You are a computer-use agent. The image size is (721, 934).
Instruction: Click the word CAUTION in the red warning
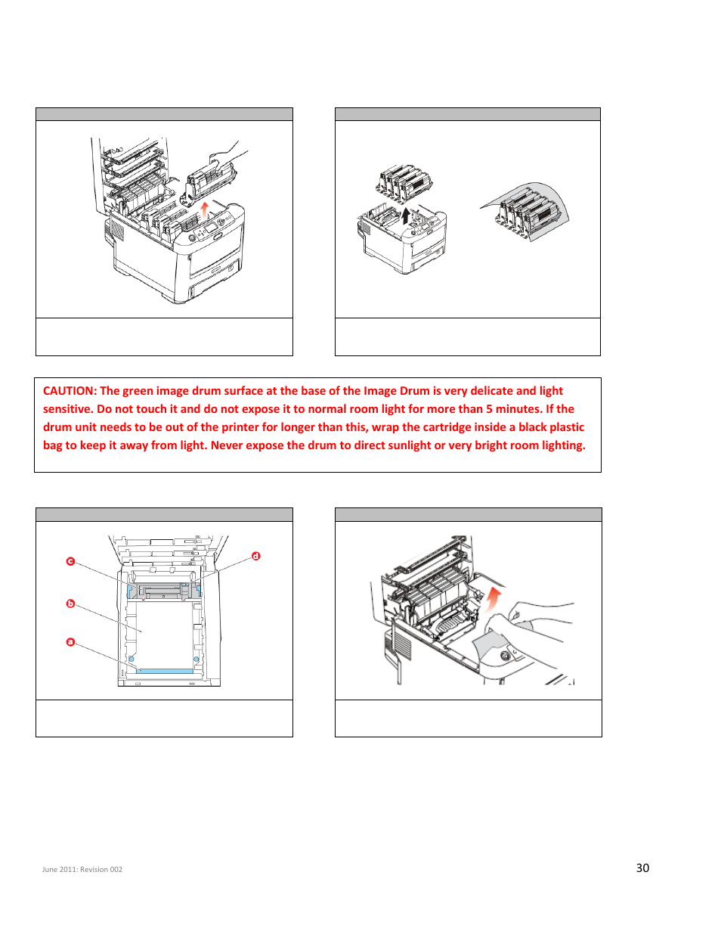70,391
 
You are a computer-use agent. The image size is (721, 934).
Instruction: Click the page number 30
642,868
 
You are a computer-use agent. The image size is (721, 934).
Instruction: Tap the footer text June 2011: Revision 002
82,870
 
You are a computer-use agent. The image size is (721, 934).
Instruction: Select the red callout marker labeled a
70,642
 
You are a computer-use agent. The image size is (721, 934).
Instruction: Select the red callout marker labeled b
70,604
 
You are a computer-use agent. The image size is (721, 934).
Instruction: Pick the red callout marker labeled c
70,561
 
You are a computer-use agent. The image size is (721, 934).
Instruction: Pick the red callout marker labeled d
255,556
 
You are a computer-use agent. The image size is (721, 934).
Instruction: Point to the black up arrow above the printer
406,216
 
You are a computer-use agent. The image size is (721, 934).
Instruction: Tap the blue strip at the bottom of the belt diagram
165,671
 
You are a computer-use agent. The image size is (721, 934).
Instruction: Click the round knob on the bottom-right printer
505,655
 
